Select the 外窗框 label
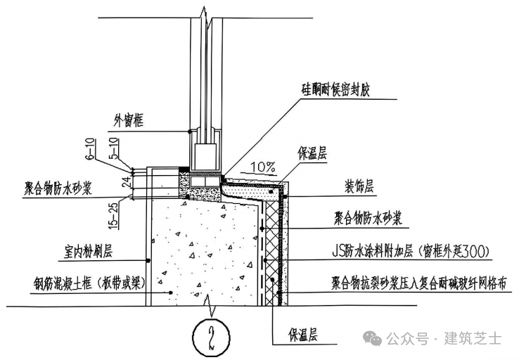129,122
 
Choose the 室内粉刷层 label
84,250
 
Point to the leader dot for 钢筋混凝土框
171,292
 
